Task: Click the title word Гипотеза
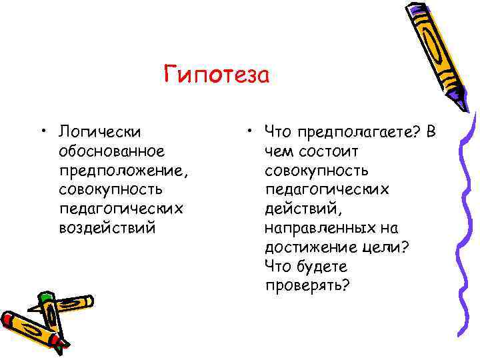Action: [x=216, y=75]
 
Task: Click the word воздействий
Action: [x=107, y=228]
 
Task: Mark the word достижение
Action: [x=306, y=247]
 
